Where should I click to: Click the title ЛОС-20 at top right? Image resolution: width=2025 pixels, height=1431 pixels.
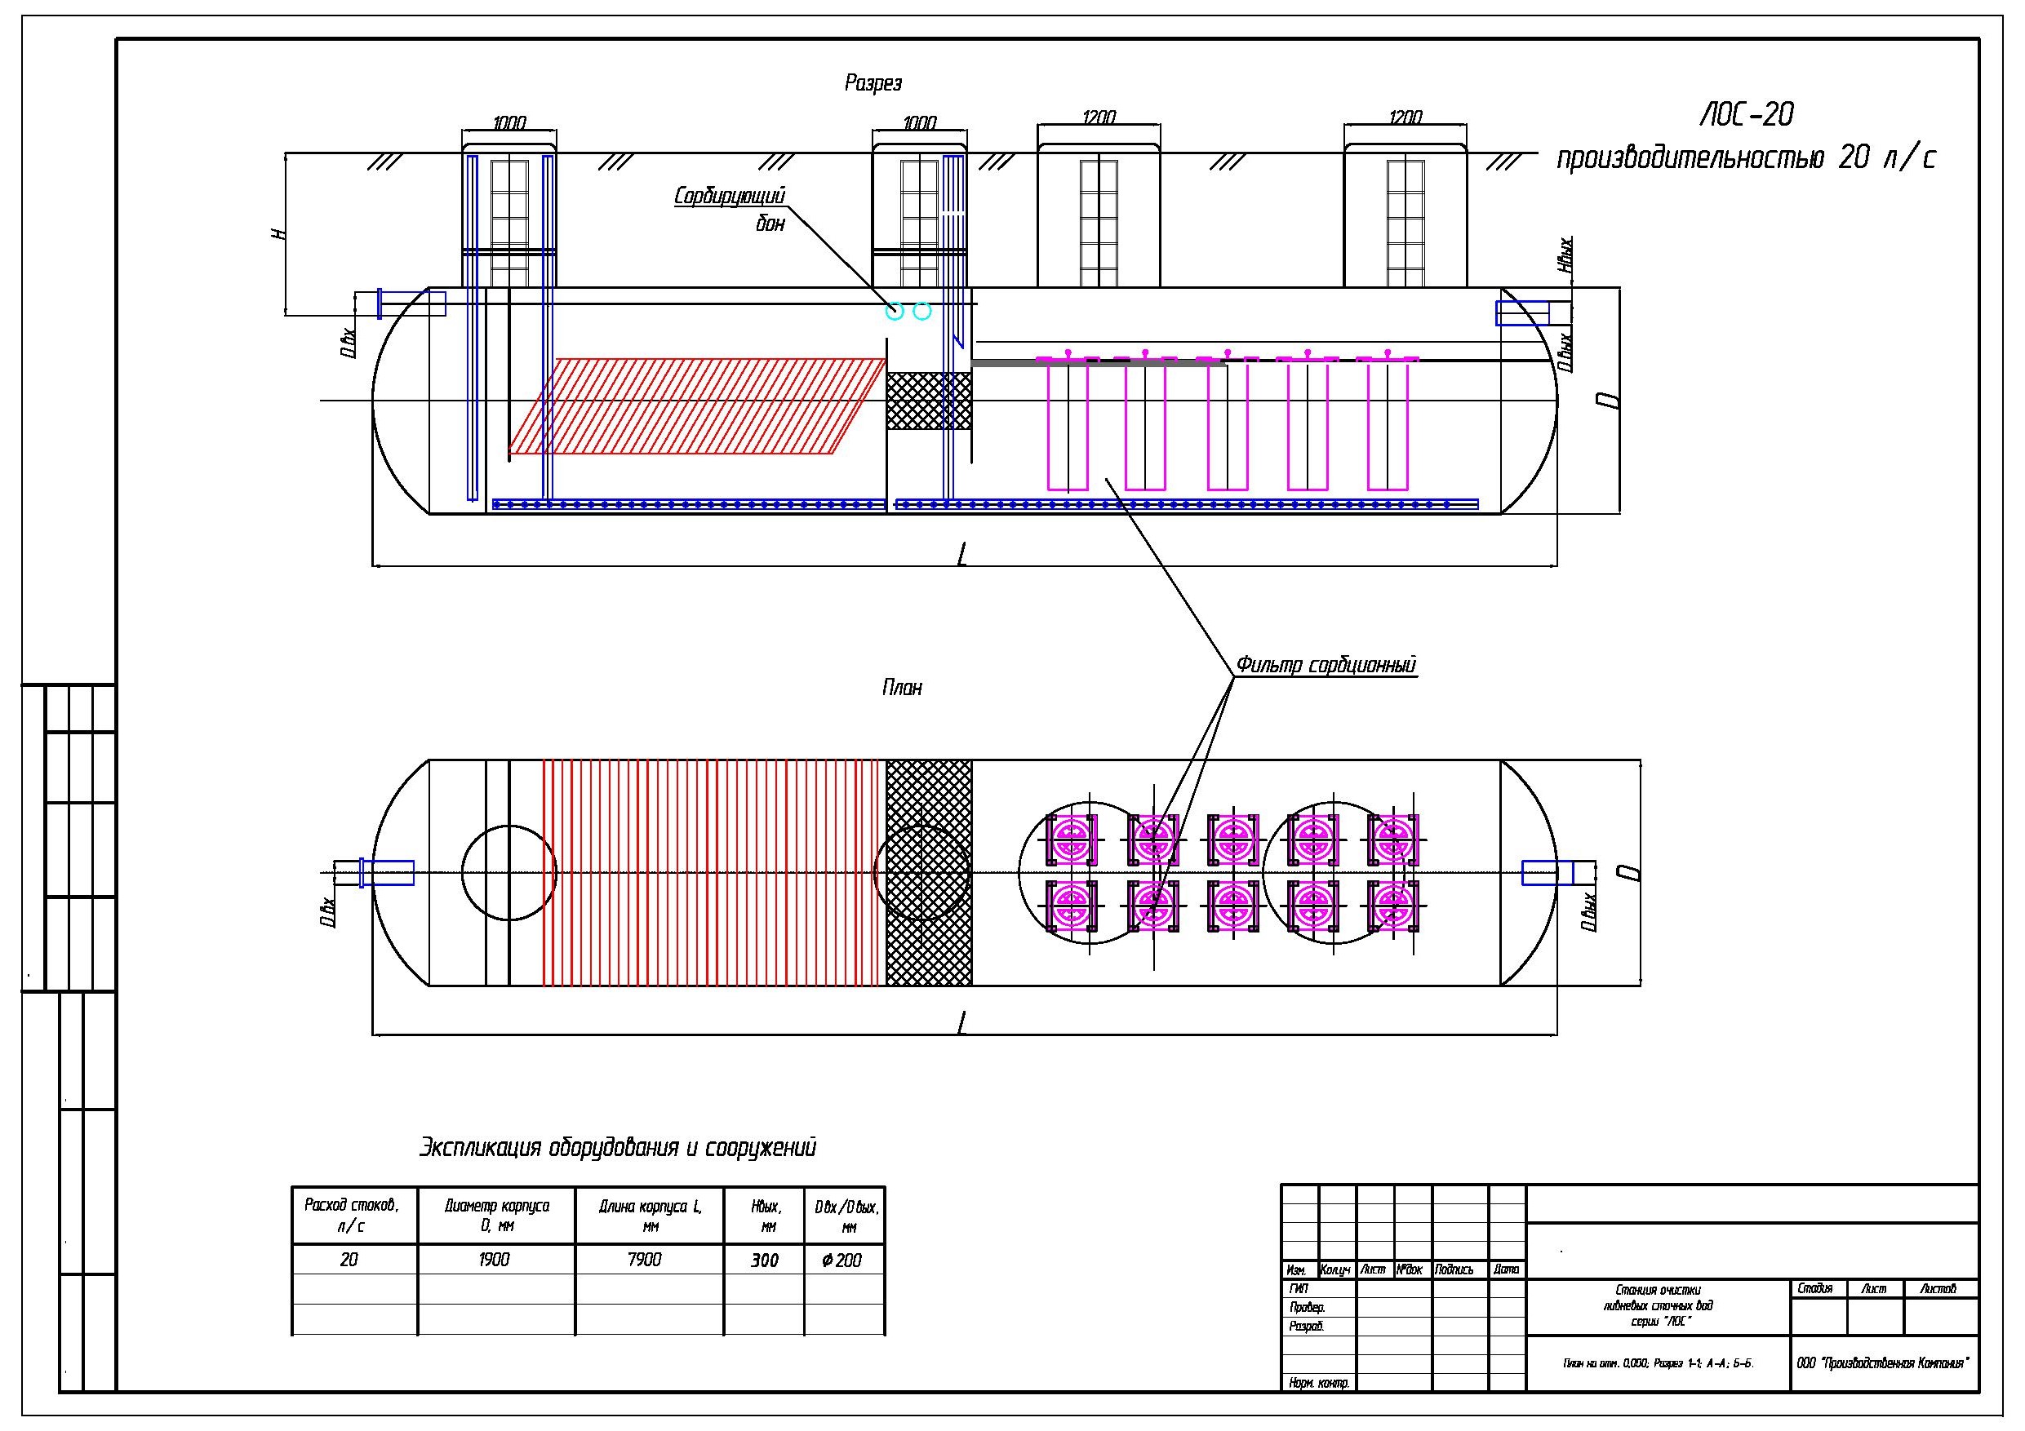click(x=1747, y=114)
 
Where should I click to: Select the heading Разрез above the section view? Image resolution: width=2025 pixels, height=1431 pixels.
click(x=873, y=84)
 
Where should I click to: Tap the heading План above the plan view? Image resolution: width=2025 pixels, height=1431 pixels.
click(x=902, y=688)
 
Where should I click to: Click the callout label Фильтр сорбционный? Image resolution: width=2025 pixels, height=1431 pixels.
click(x=1326, y=665)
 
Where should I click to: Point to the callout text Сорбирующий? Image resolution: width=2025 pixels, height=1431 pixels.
click(x=730, y=196)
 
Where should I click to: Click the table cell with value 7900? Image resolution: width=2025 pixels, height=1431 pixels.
click(x=645, y=1260)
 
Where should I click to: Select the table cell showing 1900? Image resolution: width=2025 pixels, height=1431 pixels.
click(x=495, y=1260)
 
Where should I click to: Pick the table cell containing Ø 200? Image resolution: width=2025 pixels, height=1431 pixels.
click(x=842, y=1260)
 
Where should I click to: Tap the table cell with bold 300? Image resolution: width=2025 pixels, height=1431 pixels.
click(x=765, y=1260)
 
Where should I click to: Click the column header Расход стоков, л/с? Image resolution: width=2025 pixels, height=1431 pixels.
click(x=352, y=1215)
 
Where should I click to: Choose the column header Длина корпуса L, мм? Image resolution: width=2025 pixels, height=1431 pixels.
click(x=650, y=1215)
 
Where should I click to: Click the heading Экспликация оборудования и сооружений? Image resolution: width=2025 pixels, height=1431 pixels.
click(x=617, y=1148)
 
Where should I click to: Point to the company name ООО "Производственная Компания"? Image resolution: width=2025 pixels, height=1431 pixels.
click(x=1882, y=1363)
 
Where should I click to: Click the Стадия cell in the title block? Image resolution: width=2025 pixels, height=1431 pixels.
click(x=1815, y=1289)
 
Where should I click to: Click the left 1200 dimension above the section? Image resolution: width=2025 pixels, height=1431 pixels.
click(x=1098, y=117)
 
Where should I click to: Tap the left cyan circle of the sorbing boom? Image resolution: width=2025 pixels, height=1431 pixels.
click(x=895, y=310)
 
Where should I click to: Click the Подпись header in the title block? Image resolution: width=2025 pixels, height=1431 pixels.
click(x=1454, y=1269)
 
